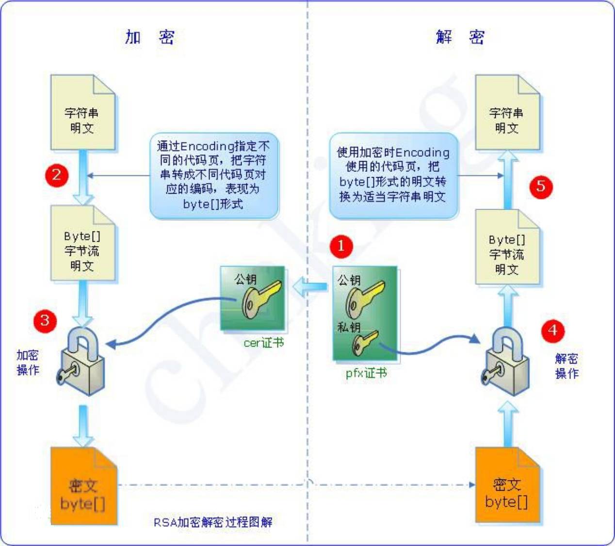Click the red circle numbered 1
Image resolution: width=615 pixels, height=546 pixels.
click(341, 246)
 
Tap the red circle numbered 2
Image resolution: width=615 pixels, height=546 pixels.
click(57, 175)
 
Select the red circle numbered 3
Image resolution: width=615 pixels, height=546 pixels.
click(45, 320)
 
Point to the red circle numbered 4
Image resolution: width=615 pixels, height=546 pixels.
click(552, 331)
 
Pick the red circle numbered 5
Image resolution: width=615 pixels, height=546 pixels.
click(541, 186)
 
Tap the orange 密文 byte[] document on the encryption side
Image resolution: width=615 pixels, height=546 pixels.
click(83, 487)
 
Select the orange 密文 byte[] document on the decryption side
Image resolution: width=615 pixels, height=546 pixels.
click(507, 486)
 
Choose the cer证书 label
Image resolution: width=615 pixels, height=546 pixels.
click(263, 343)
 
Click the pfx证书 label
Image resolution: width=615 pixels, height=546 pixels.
click(366, 373)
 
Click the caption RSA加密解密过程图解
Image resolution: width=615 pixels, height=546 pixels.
click(213, 522)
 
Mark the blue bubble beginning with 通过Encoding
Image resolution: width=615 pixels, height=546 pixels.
click(213, 175)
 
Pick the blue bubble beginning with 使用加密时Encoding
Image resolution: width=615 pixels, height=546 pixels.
click(393, 175)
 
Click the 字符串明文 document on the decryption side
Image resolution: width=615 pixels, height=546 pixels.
click(507, 114)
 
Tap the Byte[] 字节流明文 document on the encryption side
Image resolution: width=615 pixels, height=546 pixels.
click(82, 245)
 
